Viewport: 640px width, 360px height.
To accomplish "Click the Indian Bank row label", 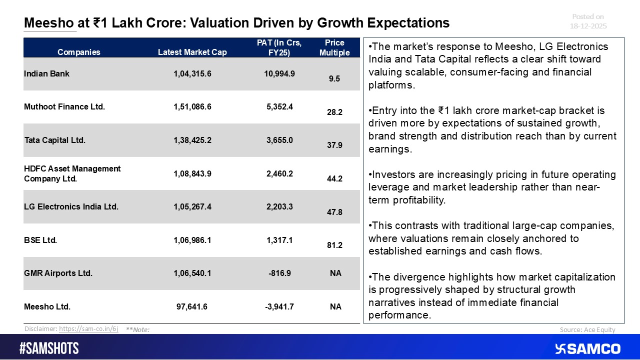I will point(46,73).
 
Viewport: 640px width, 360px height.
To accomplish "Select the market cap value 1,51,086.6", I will point(192,106).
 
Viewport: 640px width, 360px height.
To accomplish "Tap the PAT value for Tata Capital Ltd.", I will point(279,140).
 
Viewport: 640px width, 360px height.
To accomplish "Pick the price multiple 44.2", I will point(334,178).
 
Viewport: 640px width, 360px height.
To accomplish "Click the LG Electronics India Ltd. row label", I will point(71,206).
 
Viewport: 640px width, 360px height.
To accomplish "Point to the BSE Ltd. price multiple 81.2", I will point(334,245).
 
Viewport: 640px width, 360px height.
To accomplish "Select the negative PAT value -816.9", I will point(279,273).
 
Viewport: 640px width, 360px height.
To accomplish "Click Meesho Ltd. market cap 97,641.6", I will point(192,306).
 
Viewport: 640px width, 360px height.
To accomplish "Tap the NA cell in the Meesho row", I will point(335,306).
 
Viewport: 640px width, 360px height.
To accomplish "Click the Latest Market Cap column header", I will point(192,52).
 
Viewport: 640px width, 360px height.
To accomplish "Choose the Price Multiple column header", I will point(334,47).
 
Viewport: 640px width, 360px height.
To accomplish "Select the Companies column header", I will point(78,52).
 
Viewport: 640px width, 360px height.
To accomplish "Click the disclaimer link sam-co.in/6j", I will point(88,329).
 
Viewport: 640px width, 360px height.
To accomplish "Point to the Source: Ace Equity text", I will point(587,329).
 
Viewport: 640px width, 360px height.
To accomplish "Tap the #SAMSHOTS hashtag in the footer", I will point(49,348).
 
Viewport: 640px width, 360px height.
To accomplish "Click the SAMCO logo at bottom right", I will point(588,348).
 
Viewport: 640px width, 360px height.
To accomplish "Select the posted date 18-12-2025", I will point(589,26).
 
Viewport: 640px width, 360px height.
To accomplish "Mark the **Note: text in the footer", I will point(137,329).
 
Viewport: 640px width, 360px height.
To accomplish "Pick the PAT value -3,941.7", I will point(279,306).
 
